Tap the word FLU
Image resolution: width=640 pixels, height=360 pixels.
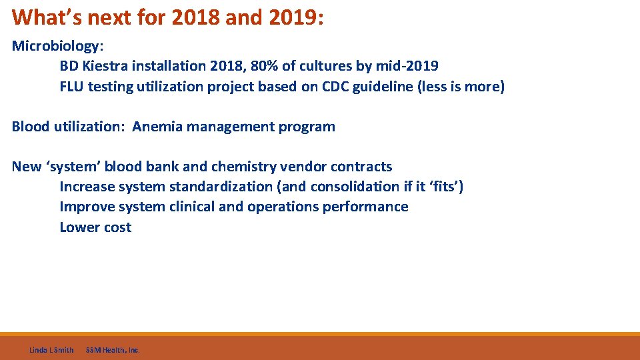(x=71, y=86)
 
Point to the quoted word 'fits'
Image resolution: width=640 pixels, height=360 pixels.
(x=443, y=187)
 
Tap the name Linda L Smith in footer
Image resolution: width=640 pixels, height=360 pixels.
(x=51, y=350)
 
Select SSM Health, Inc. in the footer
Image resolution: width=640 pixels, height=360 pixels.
(x=113, y=350)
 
